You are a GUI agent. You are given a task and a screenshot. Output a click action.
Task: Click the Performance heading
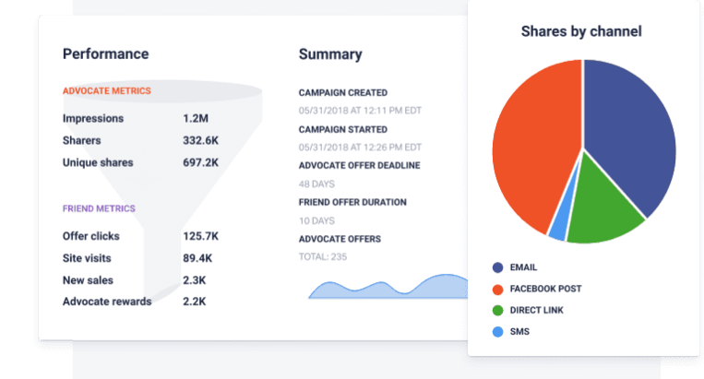pyautogui.click(x=105, y=54)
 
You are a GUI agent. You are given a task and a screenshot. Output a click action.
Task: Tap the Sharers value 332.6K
pyautogui.click(x=201, y=141)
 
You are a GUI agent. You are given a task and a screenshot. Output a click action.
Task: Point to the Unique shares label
pyautogui.click(x=98, y=163)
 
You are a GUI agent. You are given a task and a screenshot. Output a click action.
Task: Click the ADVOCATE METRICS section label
pyautogui.click(x=107, y=91)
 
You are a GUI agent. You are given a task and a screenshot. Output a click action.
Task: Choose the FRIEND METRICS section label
pyautogui.click(x=100, y=208)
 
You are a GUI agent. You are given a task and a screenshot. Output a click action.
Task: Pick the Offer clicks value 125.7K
pyautogui.click(x=201, y=236)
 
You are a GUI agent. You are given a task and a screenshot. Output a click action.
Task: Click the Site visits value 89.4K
pyautogui.click(x=199, y=258)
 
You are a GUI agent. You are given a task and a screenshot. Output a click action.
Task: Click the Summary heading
pyautogui.click(x=330, y=54)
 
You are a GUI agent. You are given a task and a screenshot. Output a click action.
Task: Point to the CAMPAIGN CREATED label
pyautogui.click(x=343, y=93)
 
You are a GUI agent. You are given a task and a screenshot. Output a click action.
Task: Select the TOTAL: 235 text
pyautogui.click(x=323, y=256)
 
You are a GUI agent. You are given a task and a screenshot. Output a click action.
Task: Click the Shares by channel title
pyautogui.click(x=581, y=31)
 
